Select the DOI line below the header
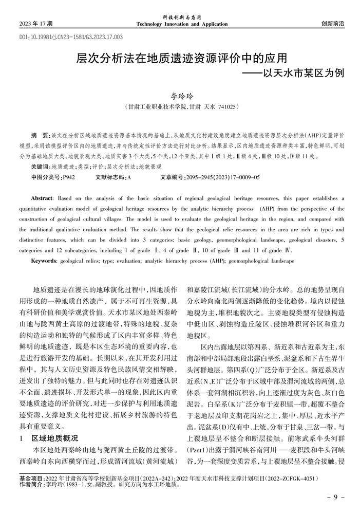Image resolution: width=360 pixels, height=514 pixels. pos(64,38)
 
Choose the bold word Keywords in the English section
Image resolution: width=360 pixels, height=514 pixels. pos(44,261)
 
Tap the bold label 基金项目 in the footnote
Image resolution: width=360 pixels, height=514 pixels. pos(30,477)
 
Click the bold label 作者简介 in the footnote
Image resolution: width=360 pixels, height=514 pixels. pos(30,484)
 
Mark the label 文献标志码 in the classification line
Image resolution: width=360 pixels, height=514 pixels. pos(110,177)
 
